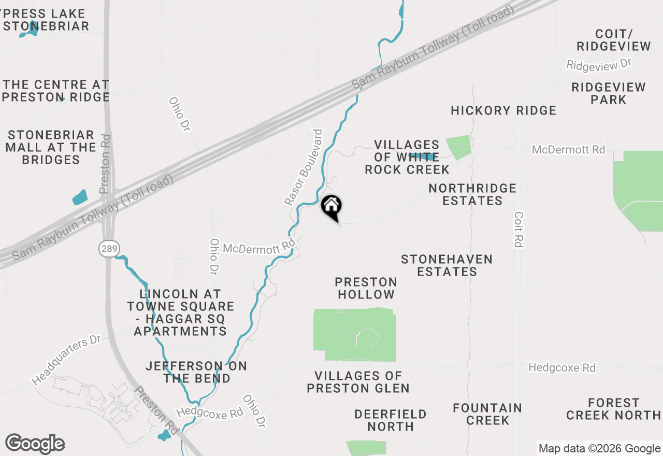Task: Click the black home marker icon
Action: click(331, 206)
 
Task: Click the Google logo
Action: click(35, 444)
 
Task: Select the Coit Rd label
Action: click(518, 229)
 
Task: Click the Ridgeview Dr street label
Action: click(599, 65)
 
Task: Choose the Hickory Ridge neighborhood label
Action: click(503, 110)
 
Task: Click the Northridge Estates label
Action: click(472, 194)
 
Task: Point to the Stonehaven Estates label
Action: click(446, 265)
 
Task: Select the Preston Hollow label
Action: click(366, 288)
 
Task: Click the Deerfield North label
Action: click(391, 420)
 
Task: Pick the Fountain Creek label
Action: click(487, 414)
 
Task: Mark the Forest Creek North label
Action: click(613, 409)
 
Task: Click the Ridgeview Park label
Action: click(609, 93)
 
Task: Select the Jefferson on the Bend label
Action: click(196, 372)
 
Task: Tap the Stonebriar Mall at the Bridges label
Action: click(51, 147)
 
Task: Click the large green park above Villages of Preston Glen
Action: click(355, 334)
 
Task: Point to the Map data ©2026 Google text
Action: click(599, 449)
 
